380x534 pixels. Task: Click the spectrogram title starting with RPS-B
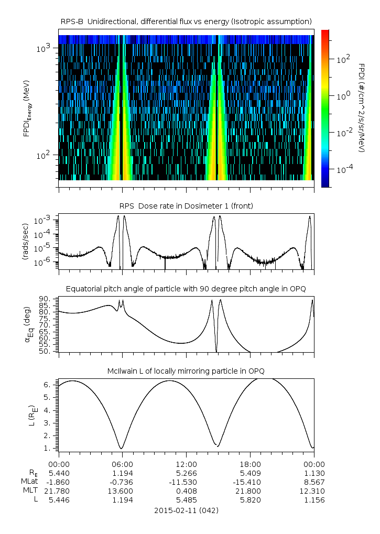click(186, 21)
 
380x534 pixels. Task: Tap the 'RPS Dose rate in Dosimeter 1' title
click(186, 206)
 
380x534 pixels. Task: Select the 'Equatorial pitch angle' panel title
click(186, 289)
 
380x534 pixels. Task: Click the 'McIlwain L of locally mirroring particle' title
click(186, 371)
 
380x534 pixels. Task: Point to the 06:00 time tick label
click(122, 464)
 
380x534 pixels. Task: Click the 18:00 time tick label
click(250, 464)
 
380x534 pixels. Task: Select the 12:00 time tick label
click(186, 464)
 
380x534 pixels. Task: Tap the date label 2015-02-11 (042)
click(186, 510)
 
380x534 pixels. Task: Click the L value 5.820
click(250, 500)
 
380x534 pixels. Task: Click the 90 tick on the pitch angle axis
click(45, 299)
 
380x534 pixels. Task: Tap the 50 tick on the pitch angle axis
click(45, 351)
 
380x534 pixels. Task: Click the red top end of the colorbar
click(325, 32)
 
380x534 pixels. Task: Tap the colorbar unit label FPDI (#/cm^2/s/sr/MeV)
click(361, 107)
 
